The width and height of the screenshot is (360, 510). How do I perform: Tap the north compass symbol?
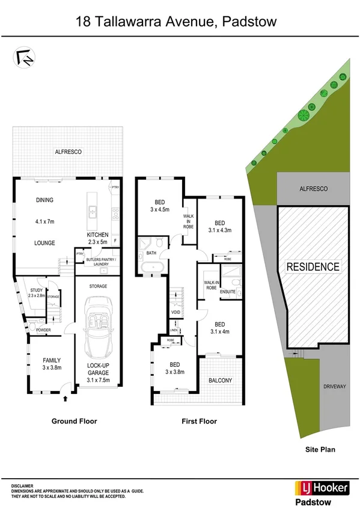click(x=25, y=57)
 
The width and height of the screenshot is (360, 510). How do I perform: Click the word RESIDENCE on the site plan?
click(x=313, y=266)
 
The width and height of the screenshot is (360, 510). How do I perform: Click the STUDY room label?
click(x=37, y=290)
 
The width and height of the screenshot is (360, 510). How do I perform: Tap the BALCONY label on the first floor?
click(x=221, y=380)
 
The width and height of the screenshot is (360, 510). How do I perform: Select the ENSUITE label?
click(x=228, y=292)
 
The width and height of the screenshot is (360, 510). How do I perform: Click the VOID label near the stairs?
click(x=175, y=312)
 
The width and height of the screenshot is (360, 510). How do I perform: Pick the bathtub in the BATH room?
click(x=148, y=268)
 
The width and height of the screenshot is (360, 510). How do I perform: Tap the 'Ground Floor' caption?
click(x=74, y=422)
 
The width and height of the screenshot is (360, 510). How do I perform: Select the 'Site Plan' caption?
click(x=320, y=449)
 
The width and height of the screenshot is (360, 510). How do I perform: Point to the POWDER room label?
click(x=43, y=331)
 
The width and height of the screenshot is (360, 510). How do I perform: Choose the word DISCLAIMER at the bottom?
click(x=22, y=485)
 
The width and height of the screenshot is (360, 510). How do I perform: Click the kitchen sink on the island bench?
click(x=93, y=211)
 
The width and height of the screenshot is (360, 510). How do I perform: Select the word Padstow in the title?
click(x=248, y=23)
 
